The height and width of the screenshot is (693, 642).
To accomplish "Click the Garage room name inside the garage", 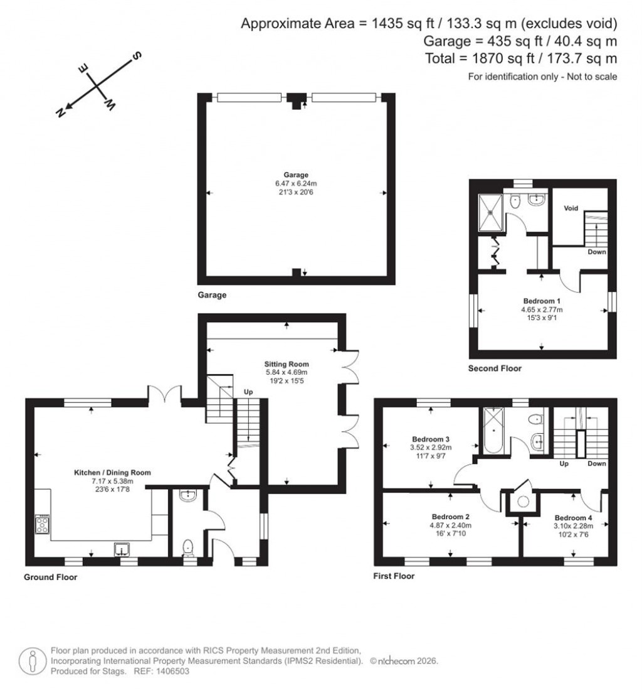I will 295,175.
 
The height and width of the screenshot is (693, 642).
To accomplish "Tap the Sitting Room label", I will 287,364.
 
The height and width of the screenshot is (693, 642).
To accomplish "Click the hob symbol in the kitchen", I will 43,524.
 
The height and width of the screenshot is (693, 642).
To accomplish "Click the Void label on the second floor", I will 570,208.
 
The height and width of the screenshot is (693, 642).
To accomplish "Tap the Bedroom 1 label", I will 542,301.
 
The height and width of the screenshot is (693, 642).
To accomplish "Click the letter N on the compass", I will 61,112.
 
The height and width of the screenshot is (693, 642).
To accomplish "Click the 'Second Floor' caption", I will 495,368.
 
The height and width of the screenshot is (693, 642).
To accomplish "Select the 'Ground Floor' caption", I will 50,577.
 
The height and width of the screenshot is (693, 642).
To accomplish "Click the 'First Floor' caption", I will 394,576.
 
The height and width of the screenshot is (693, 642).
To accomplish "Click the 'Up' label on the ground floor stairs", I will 248,392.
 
